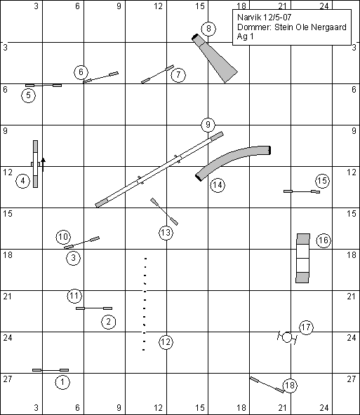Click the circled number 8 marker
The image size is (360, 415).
208,29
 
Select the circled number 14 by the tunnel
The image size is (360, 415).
218,185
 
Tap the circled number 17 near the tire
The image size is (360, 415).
306,327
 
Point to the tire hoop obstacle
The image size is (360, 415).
287,337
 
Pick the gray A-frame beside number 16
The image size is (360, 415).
302,258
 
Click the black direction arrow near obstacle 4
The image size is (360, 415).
44,165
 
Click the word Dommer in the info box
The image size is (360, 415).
254,27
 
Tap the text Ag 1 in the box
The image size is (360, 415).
246,36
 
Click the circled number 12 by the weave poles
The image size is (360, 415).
166,342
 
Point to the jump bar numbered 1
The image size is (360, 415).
51,370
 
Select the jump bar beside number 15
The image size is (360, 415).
302,191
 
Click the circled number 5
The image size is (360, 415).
29,95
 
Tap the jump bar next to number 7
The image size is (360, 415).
157,74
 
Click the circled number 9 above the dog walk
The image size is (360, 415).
208,124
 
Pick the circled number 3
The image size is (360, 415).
74,257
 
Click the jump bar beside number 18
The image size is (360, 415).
267,385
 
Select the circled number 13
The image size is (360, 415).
166,233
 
